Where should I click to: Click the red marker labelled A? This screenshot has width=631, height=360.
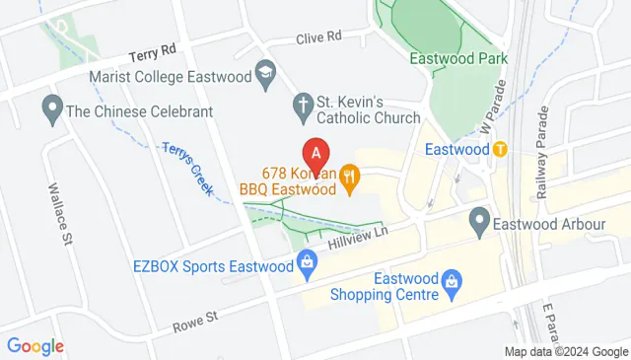(x=315, y=154)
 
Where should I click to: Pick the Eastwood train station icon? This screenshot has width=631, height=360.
(x=500, y=150)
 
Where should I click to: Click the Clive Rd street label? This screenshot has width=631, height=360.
(x=319, y=36)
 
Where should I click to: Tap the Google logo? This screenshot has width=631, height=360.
(x=35, y=346)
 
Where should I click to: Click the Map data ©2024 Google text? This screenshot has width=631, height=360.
(x=566, y=352)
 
